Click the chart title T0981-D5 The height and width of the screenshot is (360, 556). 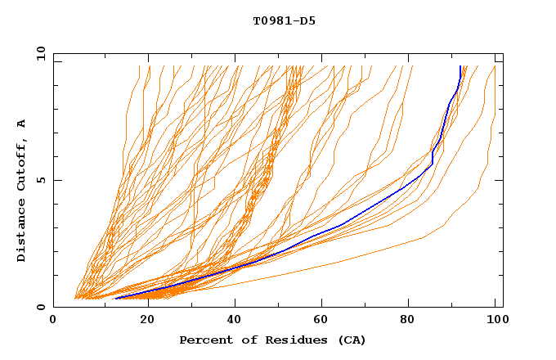[284, 21]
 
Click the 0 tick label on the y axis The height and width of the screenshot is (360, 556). [41, 307]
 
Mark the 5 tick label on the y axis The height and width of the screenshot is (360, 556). [41, 180]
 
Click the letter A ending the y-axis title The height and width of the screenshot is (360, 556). [21, 123]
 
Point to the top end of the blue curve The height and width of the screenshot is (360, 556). [460, 67]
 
